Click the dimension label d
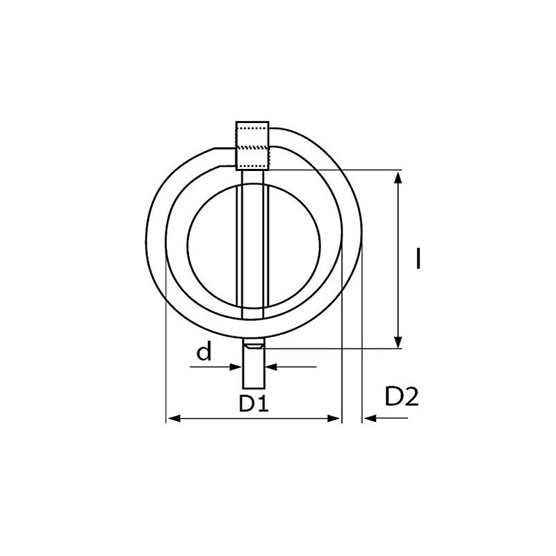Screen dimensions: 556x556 [204, 353]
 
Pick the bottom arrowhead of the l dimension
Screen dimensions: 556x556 [398, 341]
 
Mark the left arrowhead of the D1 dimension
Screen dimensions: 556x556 [173, 418]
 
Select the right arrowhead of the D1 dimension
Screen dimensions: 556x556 [336, 418]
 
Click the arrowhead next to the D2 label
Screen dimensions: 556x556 [368, 418]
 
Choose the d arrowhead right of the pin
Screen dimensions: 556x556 [272, 366]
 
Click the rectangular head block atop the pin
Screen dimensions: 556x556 [253, 146]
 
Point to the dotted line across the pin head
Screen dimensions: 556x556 [253, 147]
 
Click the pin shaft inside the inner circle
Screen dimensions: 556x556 [254, 243]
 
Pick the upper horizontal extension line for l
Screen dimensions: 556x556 [334, 170]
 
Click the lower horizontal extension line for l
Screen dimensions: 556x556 [334, 347]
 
